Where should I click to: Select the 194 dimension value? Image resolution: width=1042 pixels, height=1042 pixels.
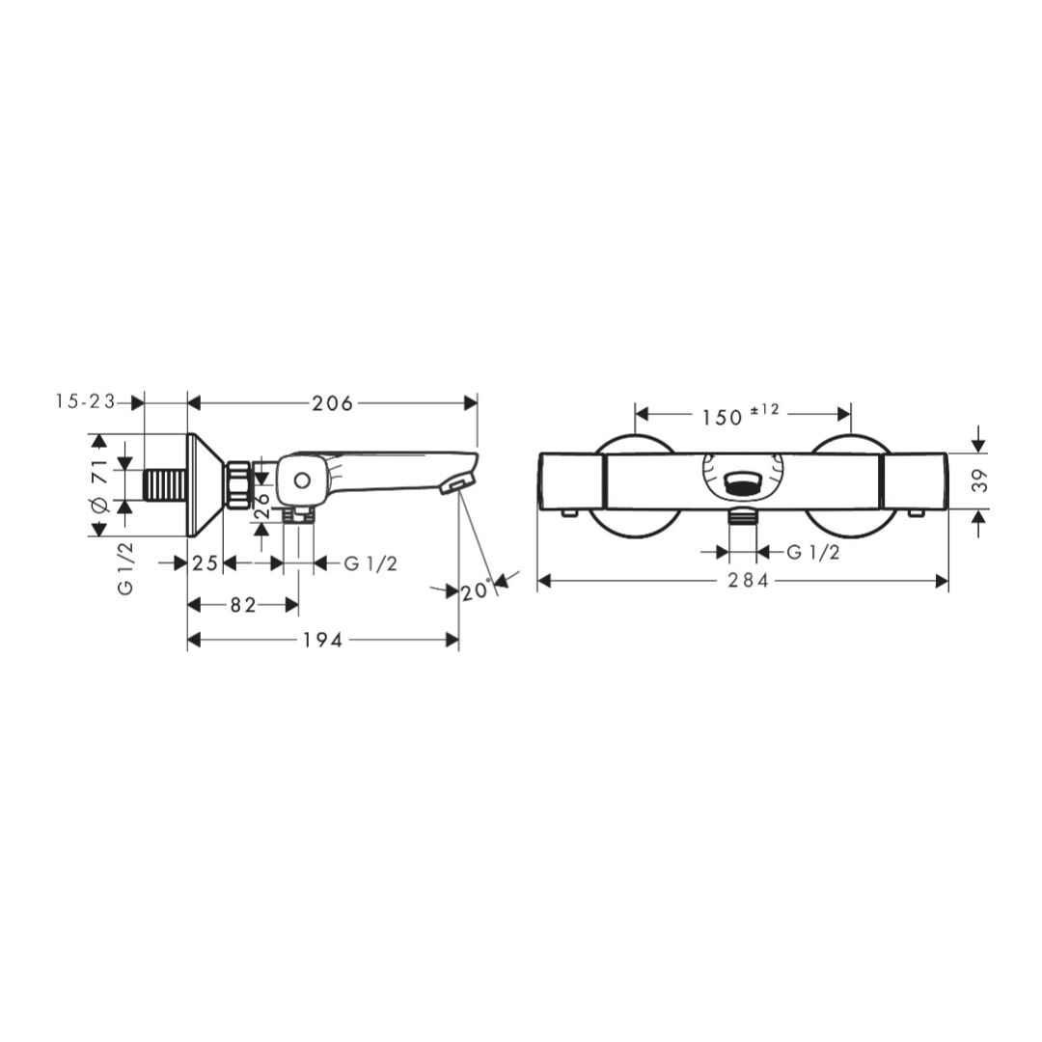(323, 640)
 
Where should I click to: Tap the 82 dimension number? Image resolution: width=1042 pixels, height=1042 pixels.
(243, 605)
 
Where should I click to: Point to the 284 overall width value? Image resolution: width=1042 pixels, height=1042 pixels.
(748, 581)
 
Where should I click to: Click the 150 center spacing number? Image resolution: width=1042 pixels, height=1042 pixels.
(722, 418)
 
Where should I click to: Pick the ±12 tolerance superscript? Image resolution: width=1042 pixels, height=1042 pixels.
(764, 410)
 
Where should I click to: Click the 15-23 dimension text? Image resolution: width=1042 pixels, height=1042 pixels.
(86, 401)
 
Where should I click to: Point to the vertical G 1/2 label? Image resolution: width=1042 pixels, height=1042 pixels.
(125, 568)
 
